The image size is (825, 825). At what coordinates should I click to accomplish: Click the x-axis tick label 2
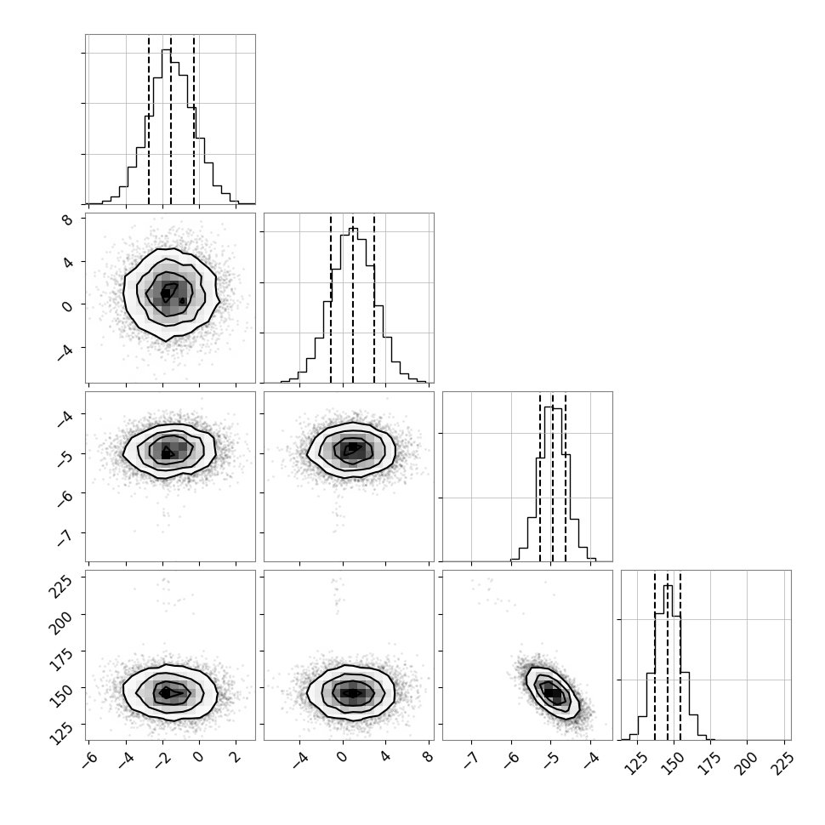tap(236, 757)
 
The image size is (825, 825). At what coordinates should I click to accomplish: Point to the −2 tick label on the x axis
tap(160, 759)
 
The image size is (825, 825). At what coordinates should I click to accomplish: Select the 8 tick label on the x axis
tap(429, 757)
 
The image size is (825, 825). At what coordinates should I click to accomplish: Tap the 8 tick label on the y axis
tap(68, 219)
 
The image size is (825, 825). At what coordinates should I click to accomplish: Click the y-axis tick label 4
tap(68, 262)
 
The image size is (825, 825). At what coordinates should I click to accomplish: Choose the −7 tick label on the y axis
tap(65, 536)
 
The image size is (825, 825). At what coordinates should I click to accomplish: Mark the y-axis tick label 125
tap(61, 731)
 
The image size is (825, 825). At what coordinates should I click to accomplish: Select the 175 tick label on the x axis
tap(708, 762)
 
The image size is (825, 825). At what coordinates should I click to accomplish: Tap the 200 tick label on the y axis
tap(61, 621)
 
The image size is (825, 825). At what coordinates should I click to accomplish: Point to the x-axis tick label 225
tap(781, 762)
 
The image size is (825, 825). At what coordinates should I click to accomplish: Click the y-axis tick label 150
tap(61, 695)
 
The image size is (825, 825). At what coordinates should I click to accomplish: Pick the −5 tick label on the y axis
tap(65, 458)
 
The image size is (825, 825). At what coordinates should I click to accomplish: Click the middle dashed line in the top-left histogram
tap(171, 120)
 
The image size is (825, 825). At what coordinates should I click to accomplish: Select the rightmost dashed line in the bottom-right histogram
tap(680, 656)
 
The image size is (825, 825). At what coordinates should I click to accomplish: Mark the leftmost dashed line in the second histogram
tap(331, 299)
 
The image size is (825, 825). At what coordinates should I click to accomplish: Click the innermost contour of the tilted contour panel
tap(552, 693)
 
